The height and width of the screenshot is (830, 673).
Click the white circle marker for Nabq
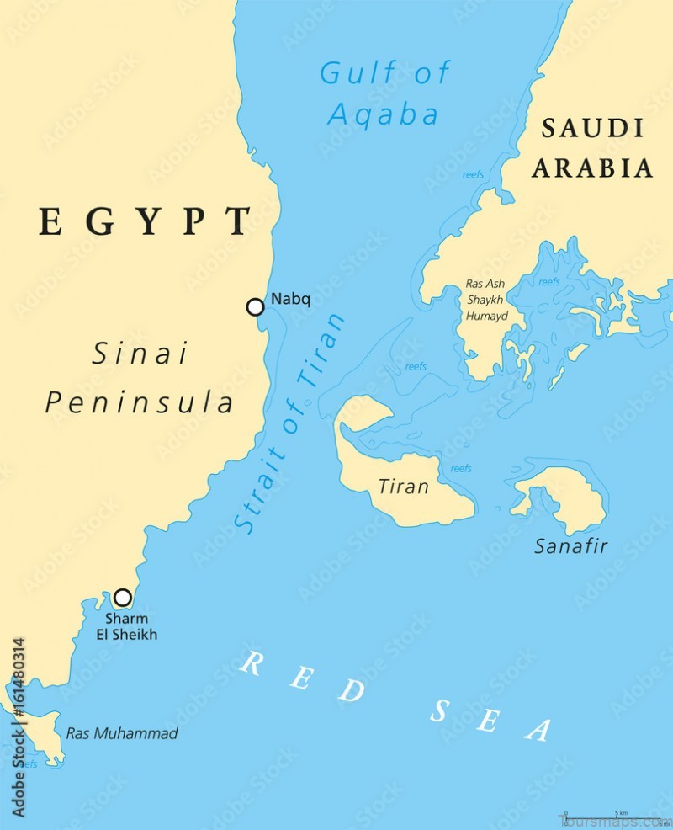click(255, 306)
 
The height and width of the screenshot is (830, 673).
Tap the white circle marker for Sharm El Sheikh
click(123, 598)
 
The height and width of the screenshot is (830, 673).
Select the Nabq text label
click(290, 299)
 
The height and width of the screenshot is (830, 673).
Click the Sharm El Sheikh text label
click(126, 627)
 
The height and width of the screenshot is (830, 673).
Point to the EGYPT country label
click(144, 221)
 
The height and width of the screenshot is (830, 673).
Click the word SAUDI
click(593, 129)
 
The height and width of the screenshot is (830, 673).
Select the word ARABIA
click(592, 168)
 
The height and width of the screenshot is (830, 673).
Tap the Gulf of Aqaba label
click(384, 93)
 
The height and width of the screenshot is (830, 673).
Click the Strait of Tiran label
click(289, 423)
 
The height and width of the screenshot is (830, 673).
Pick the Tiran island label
click(403, 487)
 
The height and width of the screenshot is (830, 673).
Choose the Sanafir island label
click(571, 545)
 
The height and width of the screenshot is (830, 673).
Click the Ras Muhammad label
click(122, 733)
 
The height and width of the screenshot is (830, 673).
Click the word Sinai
click(140, 354)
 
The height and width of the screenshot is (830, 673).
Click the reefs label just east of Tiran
click(461, 468)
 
